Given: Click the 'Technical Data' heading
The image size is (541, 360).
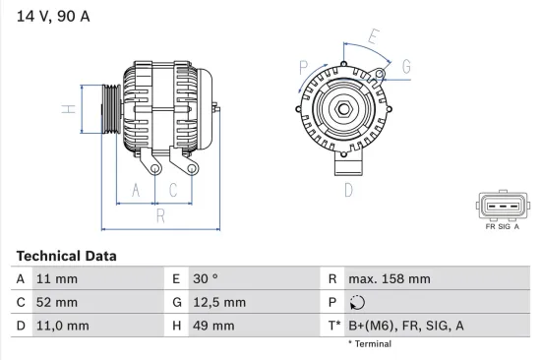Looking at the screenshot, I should tap(67, 256).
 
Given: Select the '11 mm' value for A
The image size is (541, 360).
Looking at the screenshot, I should tap(56, 279).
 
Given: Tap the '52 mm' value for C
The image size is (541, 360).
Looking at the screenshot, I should tap(56, 302).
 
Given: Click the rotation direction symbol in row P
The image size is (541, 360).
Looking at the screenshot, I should tap(358, 303).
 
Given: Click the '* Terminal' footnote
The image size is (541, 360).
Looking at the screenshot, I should tap(370, 344).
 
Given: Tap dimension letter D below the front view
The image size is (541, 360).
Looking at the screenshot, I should tap(347, 191).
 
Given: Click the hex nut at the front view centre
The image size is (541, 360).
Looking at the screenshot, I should tap(347, 109).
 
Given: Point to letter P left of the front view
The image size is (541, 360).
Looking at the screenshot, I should tap(304, 67).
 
